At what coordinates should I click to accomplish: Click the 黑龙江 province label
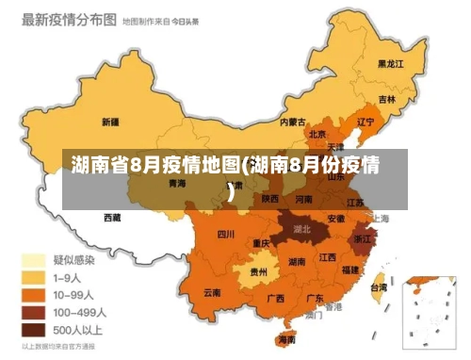coord(389,64)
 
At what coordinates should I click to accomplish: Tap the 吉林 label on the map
coord(387,99)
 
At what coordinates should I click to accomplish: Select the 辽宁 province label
coord(365,122)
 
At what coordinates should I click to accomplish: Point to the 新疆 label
coord(109,122)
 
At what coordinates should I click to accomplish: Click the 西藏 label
coord(112,218)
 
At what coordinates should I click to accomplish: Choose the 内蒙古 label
coord(293,122)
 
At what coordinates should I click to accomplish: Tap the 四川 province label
coord(226,234)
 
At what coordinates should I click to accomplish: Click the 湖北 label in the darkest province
coord(302,228)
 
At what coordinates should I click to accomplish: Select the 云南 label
coord(212,293)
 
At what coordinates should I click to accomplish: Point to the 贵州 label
coord(258,272)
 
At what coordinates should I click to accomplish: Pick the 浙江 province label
coord(363,239)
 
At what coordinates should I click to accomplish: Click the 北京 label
coord(317,135)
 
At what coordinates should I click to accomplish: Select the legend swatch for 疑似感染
coord(35,260)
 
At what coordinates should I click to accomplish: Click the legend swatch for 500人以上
coord(35,330)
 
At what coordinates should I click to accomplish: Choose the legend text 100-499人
coord(79,312)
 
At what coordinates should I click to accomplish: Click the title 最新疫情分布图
coord(70,19)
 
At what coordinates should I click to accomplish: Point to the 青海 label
coord(177,184)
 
